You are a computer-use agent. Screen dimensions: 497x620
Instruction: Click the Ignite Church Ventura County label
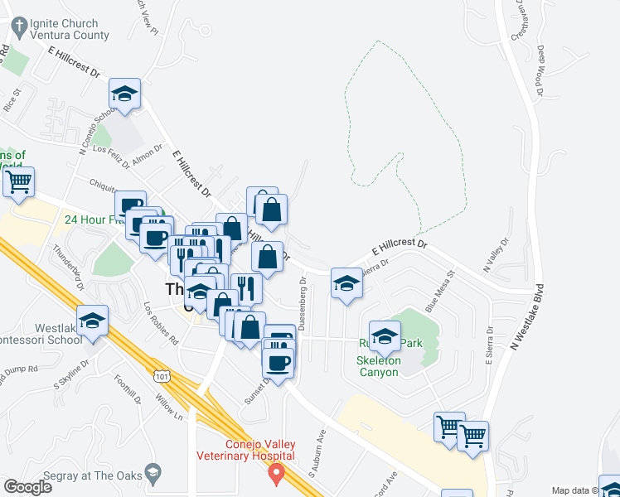(x=69, y=30)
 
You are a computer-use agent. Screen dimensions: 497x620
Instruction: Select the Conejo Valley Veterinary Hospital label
(x=245, y=450)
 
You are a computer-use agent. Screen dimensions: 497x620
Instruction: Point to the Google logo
(x=27, y=487)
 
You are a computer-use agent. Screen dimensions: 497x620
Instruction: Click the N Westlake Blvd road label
(x=527, y=317)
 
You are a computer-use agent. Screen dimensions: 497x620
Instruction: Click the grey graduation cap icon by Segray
(x=153, y=474)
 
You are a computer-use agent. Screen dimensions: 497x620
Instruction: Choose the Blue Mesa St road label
(x=440, y=290)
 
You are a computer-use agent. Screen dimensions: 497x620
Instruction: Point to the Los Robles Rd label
(x=161, y=323)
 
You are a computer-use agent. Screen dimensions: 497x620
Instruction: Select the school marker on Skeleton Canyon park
(x=385, y=336)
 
